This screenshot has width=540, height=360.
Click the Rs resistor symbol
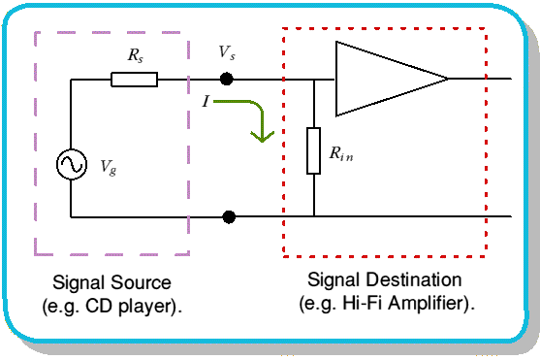[135, 80]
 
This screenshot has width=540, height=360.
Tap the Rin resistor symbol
[313, 150]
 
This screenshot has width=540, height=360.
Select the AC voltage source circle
[72, 164]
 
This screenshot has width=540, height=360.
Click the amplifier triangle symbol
[392, 79]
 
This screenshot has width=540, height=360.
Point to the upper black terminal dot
[226, 79]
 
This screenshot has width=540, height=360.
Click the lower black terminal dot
[229, 217]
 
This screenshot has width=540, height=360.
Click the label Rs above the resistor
[136, 55]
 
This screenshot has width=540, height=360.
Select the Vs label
[227, 52]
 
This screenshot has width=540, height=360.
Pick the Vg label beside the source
[109, 168]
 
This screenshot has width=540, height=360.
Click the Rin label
[341, 153]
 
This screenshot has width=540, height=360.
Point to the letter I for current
[206, 101]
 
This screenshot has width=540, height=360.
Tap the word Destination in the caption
[414, 279]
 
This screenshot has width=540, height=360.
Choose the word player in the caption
[146, 307]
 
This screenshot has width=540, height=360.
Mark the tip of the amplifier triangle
[449, 79]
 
